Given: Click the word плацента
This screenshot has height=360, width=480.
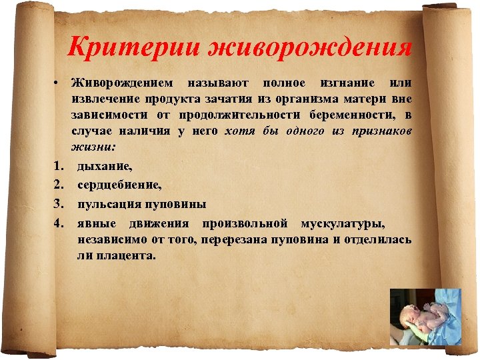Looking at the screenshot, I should tap(125, 254).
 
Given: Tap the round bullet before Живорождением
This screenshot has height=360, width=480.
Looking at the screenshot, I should tap(59, 83).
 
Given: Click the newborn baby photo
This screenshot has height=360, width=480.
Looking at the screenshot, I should tap(425, 316).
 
